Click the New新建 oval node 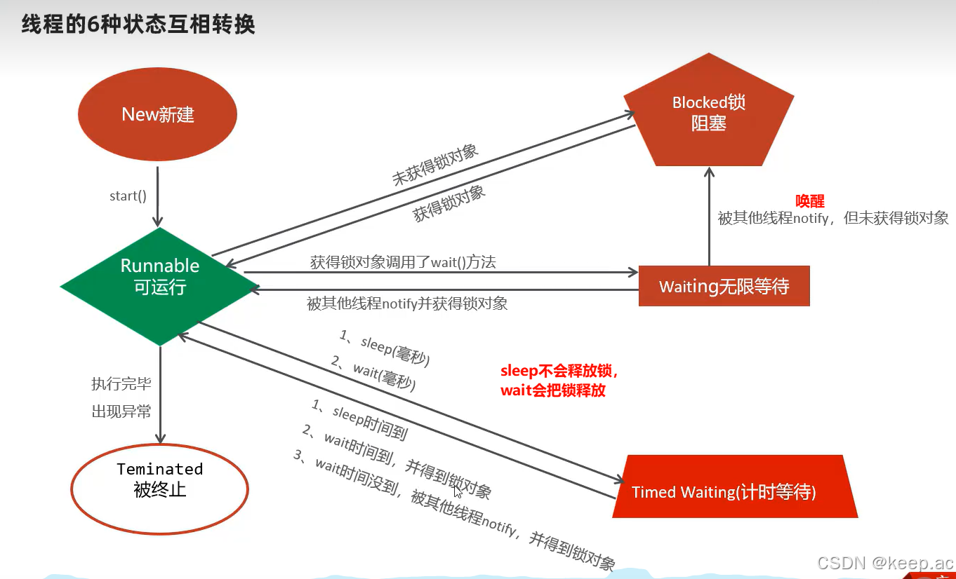[157, 114]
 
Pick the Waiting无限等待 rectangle [724, 286]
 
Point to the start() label [128, 196]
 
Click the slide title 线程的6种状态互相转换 [138, 25]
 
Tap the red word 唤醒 [809, 201]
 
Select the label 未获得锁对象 [435, 165]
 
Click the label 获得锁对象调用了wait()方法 [403, 263]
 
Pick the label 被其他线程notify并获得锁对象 [407, 304]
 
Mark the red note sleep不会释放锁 [559, 371]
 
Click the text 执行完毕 [121, 384]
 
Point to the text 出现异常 [121, 411]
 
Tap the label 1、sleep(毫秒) [385, 348]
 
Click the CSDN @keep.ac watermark [886, 562]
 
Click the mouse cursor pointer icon [458, 491]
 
